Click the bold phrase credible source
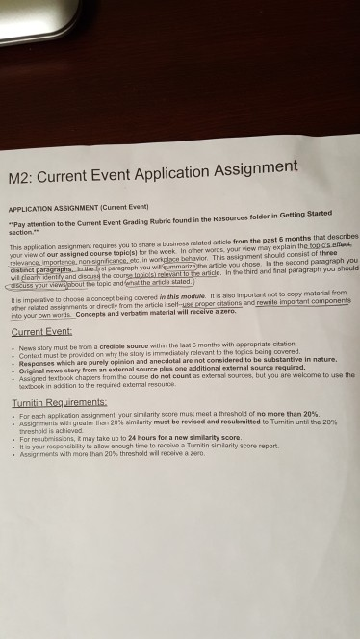click(121, 344)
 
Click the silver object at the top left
click(58, 13)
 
